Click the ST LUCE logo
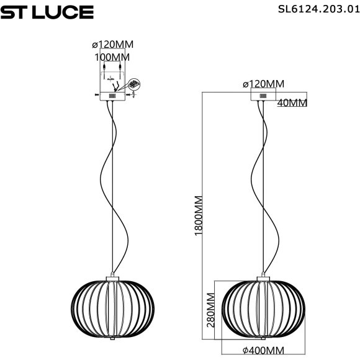click(47, 12)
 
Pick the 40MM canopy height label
click(292, 103)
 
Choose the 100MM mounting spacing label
click(112, 57)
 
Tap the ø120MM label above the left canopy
click(112, 45)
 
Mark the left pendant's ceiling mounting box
click(112, 84)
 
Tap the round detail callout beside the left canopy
click(137, 84)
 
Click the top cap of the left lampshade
click(112, 277)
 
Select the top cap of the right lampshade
click(264, 277)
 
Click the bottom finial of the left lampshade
click(112, 340)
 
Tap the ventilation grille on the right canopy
click(263, 96)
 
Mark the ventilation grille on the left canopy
click(113, 97)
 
